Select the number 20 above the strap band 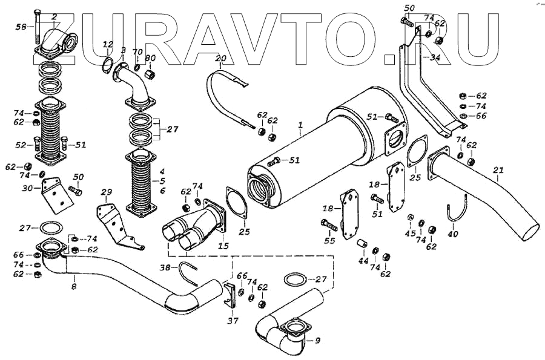coord(220,59)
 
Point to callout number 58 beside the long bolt coord(21,27)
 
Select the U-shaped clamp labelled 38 coord(189,273)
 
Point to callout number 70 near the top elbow coord(137,52)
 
